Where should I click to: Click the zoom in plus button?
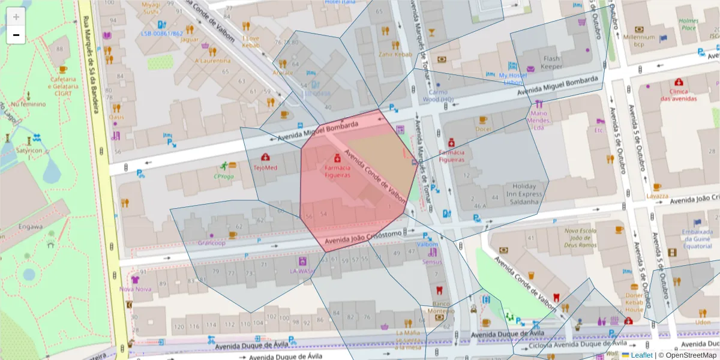16,17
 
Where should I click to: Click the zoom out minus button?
16,35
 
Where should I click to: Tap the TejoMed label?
265,168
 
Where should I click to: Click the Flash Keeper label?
551,63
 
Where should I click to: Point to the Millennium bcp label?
638,40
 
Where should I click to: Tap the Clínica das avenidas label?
679,95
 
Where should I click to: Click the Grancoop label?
212,243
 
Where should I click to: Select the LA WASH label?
302,271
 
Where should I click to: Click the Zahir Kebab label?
395,55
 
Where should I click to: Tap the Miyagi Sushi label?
134,8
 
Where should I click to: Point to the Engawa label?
30,227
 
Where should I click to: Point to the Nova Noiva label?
135,289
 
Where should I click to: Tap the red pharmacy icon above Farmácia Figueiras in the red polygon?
337,158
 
